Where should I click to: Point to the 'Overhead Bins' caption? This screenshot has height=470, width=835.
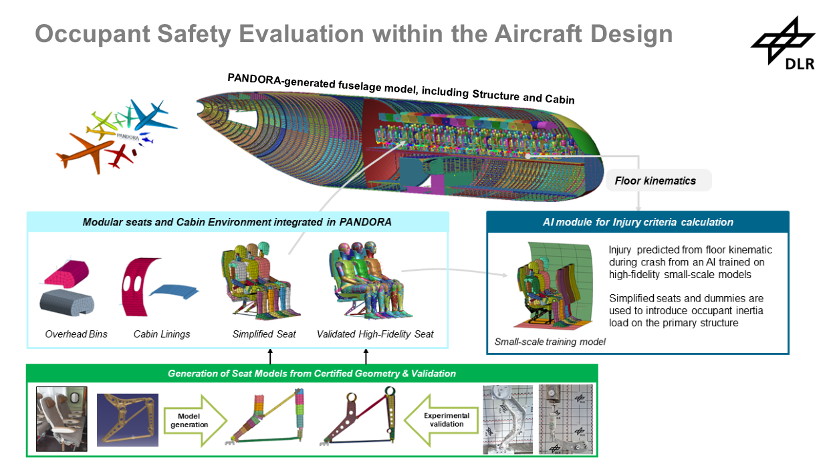pos(76,334)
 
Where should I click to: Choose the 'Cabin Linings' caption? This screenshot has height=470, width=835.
pos(162,334)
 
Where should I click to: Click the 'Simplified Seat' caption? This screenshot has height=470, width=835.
pos(264,334)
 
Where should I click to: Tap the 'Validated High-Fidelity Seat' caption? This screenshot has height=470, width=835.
pos(375,334)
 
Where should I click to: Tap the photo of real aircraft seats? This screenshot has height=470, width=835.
pos(62,420)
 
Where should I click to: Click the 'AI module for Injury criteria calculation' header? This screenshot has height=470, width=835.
pos(637,222)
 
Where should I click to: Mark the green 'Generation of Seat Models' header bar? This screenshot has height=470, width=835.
pos(312,373)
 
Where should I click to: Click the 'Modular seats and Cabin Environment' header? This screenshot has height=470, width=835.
pos(237,222)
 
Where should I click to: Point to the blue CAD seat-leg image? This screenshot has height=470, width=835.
pos(128,420)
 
